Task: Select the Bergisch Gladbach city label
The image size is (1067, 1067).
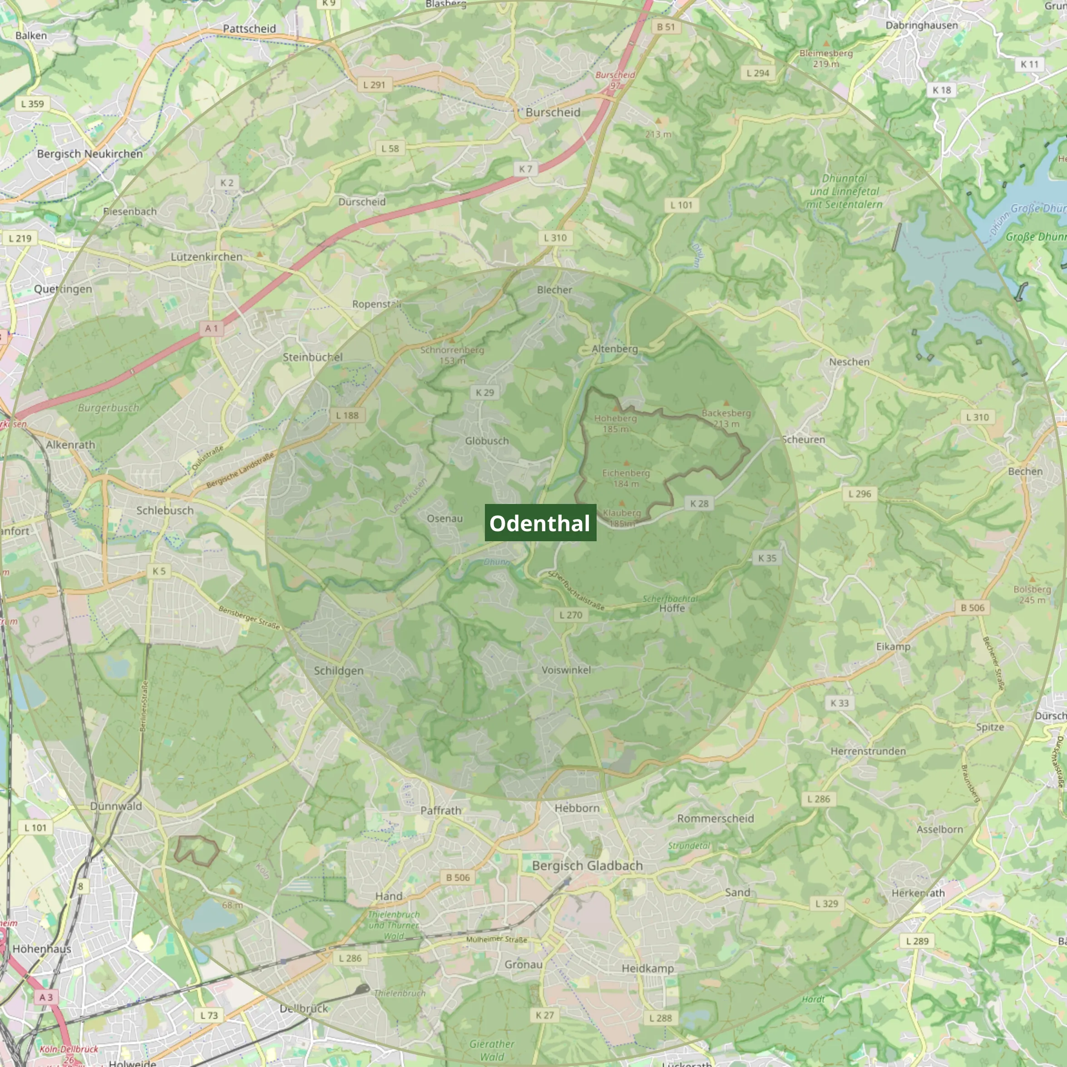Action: (x=587, y=865)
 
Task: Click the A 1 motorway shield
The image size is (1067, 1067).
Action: (x=212, y=328)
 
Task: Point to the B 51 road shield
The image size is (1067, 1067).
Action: (x=666, y=26)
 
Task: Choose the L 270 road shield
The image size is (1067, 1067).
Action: (x=570, y=615)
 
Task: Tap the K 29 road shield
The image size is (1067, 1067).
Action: (x=485, y=392)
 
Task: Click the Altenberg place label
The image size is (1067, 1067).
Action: (x=614, y=349)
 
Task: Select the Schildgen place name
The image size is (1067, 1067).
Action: (x=339, y=671)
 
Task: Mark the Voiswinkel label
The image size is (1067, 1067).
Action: (x=566, y=670)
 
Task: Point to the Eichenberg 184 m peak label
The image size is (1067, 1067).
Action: (x=625, y=478)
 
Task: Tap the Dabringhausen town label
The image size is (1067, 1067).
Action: (x=921, y=25)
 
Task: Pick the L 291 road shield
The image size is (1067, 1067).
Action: (x=374, y=84)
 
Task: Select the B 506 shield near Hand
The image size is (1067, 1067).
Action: (x=457, y=877)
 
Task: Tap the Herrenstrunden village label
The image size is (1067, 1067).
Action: (x=868, y=751)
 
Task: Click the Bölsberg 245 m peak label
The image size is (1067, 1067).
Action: (x=1032, y=594)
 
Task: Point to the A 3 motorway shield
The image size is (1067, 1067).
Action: (x=46, y=997)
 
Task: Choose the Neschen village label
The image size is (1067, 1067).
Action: (x=849, y=362)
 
